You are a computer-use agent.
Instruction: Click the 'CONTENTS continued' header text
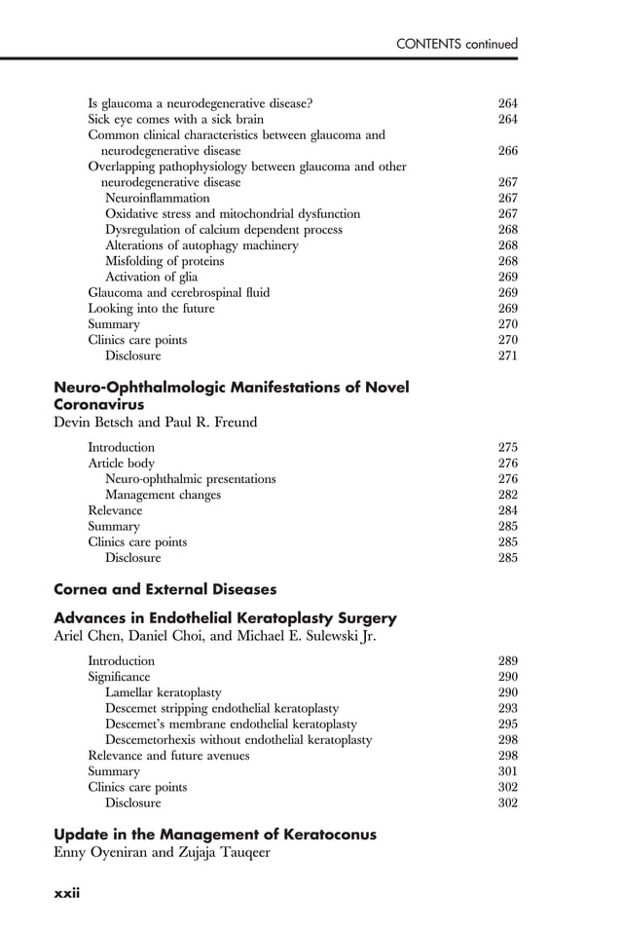[457, 44]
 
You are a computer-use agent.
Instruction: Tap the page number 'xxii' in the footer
[66, 893]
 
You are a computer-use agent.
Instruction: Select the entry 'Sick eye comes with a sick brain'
[175, 119]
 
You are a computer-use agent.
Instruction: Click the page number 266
[507, 151]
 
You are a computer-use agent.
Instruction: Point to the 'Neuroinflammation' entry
[157, 198]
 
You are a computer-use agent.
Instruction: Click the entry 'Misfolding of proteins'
[164, 261]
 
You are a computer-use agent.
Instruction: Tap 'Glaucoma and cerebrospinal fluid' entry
[179, 292]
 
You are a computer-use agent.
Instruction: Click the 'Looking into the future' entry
[151, 309]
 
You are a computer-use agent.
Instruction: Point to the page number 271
[507, 355]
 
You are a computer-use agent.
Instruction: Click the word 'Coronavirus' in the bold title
[98, 404]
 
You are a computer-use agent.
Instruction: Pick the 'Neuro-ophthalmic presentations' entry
[190, 479]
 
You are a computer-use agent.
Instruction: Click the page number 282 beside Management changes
[507, 495]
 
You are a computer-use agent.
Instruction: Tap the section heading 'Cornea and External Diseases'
[164, 589]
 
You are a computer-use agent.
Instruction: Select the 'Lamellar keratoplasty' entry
[163, 691]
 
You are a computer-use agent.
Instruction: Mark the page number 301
[507, 771]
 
